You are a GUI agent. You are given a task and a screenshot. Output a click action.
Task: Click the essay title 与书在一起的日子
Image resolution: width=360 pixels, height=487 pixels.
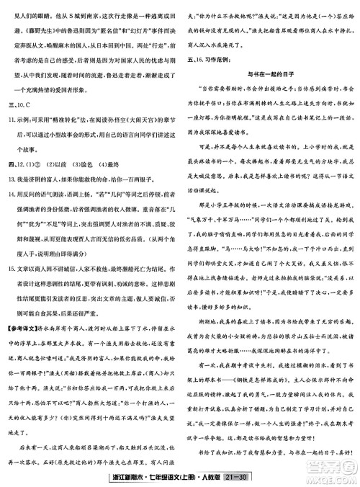[268, 74]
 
